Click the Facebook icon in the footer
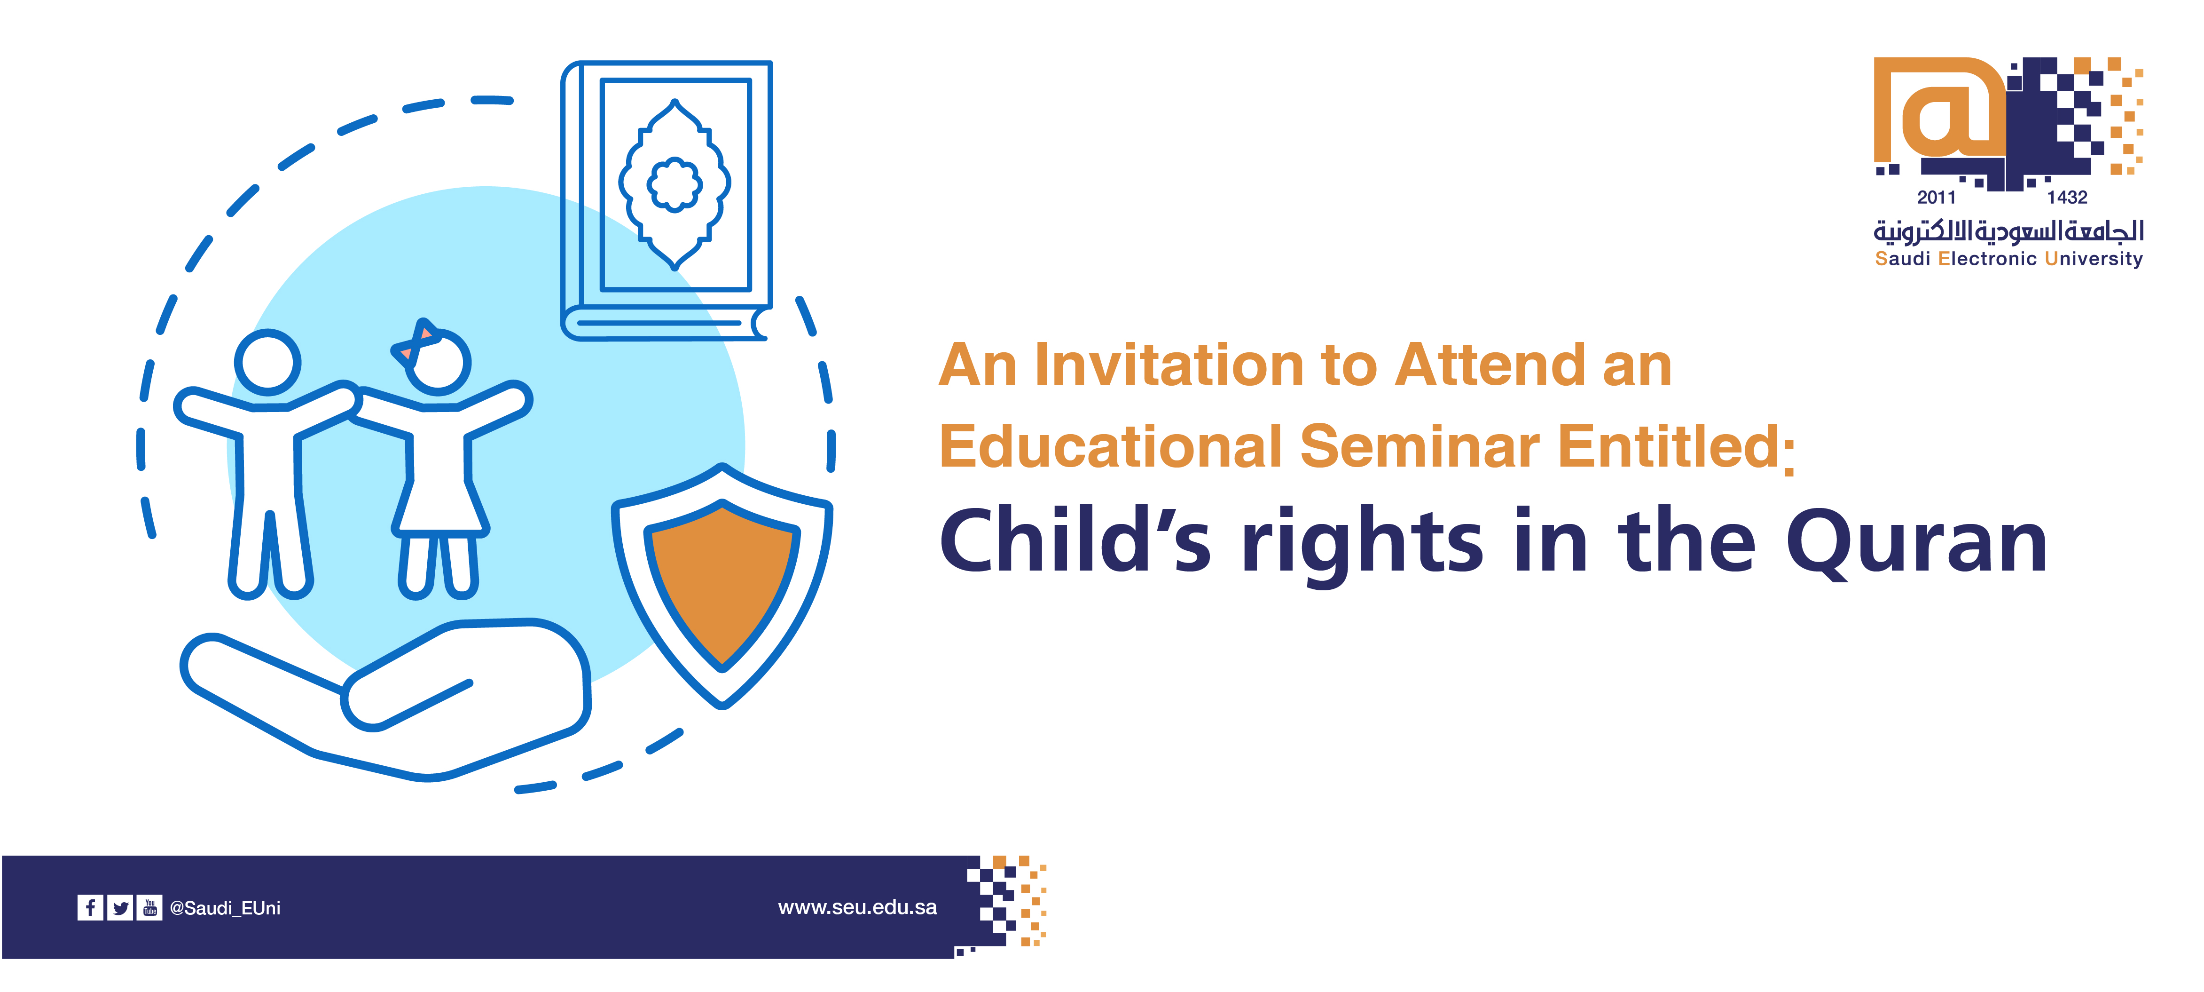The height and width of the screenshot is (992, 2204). tap(90, 907)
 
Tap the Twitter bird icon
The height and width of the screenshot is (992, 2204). tap(120, 907)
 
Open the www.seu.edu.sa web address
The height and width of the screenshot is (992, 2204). tap(857, 907)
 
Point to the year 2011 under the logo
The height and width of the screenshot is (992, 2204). tap(1936, 198)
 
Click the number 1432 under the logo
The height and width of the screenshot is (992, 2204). tap(2067, 198)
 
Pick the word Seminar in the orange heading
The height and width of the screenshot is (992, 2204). tap(1420, 447)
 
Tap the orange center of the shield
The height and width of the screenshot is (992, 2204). tap(722, 582)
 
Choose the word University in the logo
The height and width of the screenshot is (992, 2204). tap(2094, 259)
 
